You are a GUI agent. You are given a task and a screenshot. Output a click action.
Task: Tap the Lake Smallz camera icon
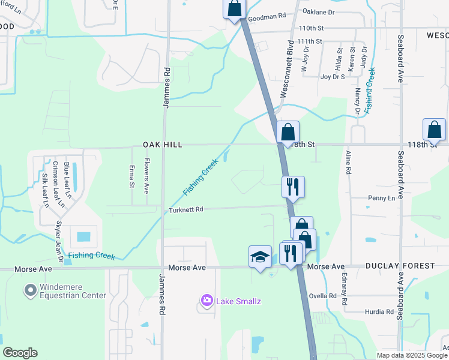click(207, 300)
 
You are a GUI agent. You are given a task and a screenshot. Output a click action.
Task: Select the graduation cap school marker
click(259, 257)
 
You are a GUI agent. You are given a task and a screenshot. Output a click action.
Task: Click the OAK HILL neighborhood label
click(162, 145)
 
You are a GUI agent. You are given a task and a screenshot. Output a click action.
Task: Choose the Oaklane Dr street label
click(318, 11)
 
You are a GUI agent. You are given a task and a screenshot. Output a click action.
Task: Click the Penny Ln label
click(381, 197)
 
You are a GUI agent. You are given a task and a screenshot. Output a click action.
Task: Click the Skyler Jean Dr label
click(59, 242)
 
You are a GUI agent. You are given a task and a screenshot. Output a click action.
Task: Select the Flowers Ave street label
click(146, 176)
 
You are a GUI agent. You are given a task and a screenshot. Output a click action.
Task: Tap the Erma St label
click(132, 176)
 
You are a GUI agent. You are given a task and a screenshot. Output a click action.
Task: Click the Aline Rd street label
click(348, 162)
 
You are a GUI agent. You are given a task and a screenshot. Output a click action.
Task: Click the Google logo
click(20, 353)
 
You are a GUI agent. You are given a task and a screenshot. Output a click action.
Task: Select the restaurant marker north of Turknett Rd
click(293, 186)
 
